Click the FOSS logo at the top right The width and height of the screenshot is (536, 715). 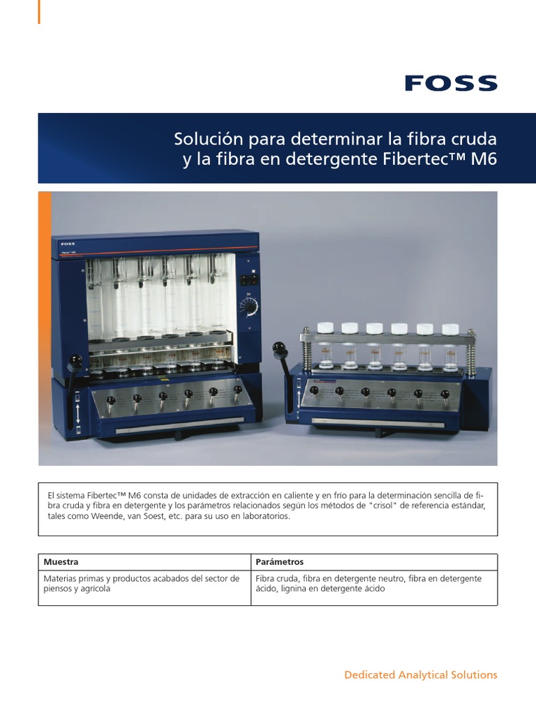click(451, 84)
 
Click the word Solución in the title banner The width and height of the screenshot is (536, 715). click(202, 139)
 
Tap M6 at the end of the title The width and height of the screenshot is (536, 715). click(484, 159)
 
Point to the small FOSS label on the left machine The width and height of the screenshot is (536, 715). click(68, 244)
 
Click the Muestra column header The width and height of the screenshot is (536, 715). click(61, 562)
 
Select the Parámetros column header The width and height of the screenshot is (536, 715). click(279, 562)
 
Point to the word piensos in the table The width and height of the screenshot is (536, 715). click(58, 589)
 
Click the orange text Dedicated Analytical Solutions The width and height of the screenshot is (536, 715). click(421, 675)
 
